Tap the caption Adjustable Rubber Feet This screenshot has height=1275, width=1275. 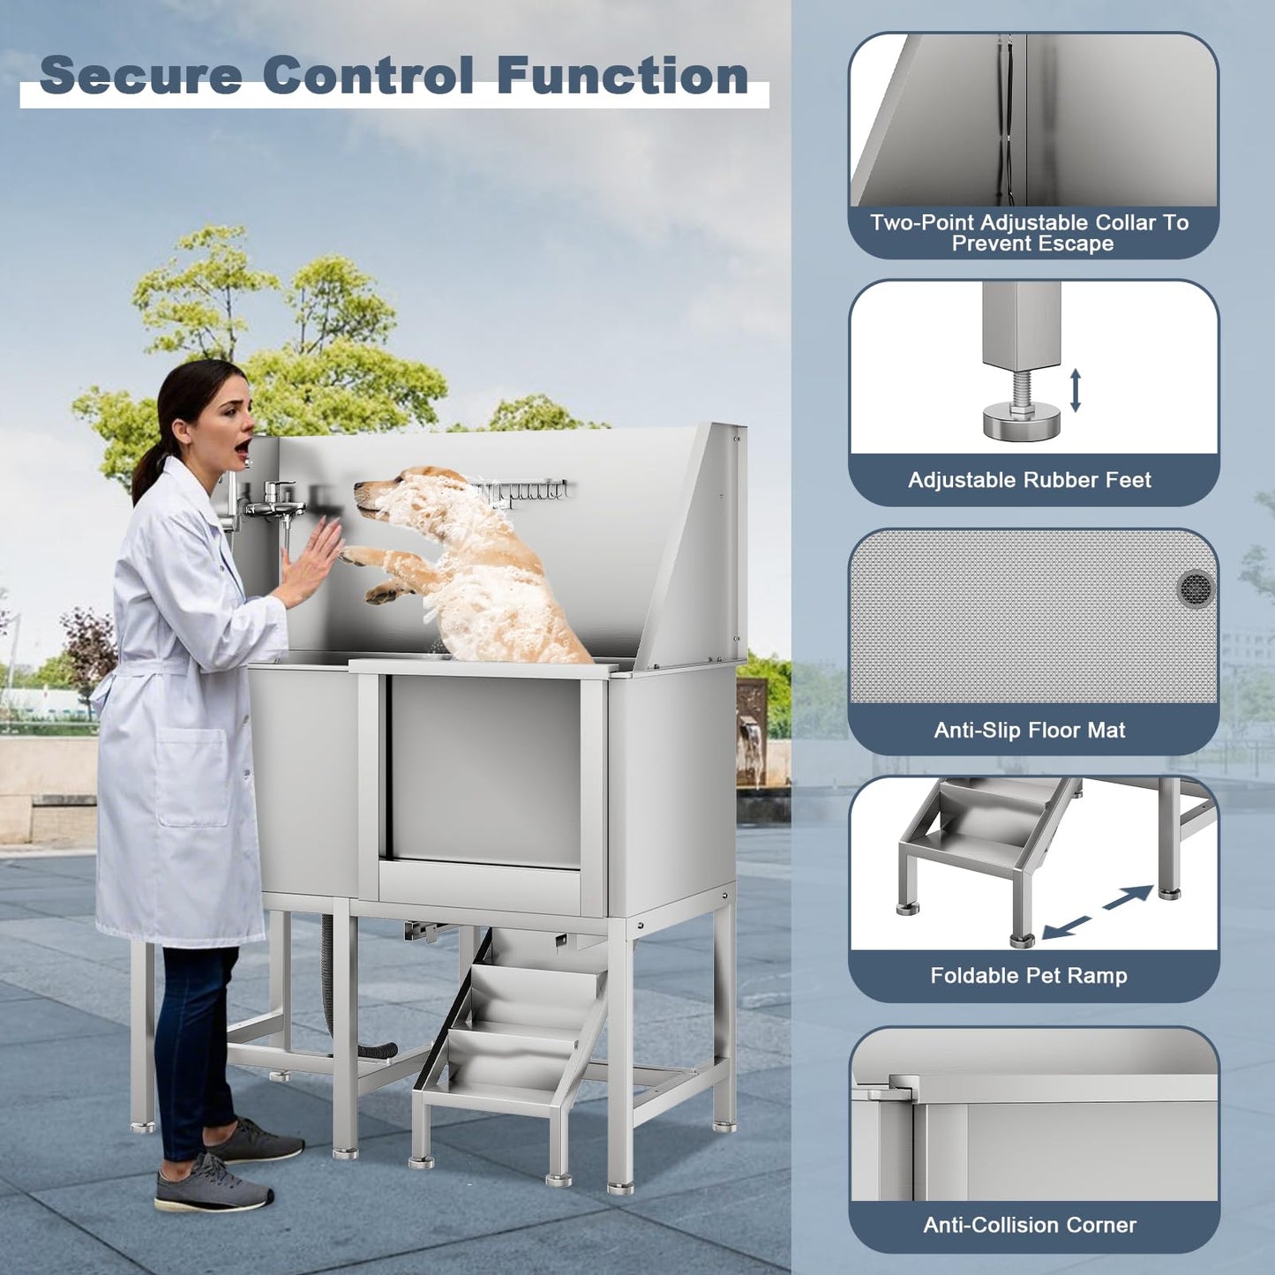pos(1030,480)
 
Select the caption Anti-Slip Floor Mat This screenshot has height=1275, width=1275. pos(1030,730)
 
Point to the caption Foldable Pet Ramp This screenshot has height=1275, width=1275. pos(1029,975)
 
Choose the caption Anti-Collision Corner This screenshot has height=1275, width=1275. pos(1030,1225)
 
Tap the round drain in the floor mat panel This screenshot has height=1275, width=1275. pos(1196,589)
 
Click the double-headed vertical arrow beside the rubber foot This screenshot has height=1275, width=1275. pos(1076,390)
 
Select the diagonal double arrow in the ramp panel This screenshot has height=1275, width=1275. pos(1097,912)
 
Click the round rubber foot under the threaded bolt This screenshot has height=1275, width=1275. pos(1021,422)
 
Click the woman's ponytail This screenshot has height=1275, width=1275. pos(150,472)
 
